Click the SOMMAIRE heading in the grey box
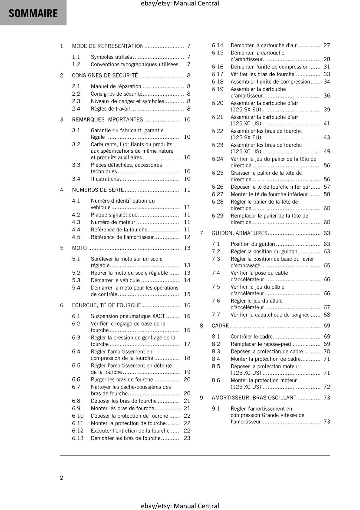coord(33,13)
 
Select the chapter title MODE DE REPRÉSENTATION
coord(108,46)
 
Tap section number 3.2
coord(76,144)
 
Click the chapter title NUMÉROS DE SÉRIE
coord(98,190)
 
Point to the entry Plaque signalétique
coord(114,215)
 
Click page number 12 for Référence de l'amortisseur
coord(187,237)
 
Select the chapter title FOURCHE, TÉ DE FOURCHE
coord(106,305)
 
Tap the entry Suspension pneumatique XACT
coord(128,316)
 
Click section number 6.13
coord(78,438)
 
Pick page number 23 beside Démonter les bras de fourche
coord(187,438)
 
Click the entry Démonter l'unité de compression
coord(270,67)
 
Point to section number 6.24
coord(218,159)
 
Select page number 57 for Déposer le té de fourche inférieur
coord(327,187)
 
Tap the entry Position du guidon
coord(253,244)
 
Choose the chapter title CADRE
coord(220,326)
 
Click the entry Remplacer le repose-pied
coord(261,344)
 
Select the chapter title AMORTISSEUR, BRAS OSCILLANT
coord(254,398)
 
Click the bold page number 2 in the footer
coord(61,478)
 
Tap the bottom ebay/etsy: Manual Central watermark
coord(180,506)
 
